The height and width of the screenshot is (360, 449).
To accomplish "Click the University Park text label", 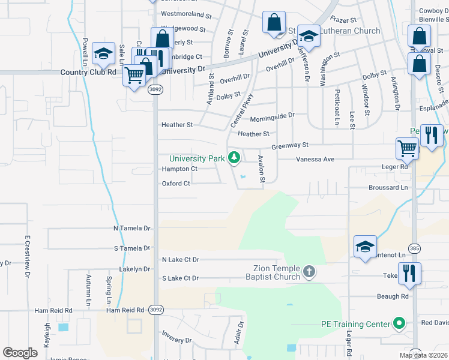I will (197, 159).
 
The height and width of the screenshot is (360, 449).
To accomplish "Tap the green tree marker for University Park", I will (234, 158).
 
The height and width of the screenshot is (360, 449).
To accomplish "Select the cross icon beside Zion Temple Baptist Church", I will (309, 272).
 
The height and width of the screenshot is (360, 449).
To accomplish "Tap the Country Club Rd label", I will (88, 72).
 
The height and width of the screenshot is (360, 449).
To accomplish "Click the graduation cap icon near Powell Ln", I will (104, 54).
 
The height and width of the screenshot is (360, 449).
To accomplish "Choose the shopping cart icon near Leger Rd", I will (408, 148).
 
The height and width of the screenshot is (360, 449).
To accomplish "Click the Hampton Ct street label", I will (179, 169).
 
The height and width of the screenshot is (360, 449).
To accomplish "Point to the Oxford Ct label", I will (176, 184).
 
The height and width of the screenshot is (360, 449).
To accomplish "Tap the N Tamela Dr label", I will (131, 229).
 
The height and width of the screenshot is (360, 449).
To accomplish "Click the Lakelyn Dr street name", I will (134, 269).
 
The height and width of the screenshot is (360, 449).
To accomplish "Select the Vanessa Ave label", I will (315, 160).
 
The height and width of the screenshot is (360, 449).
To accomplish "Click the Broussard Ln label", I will (388, 188).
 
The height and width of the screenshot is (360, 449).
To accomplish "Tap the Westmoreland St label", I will (187, 14).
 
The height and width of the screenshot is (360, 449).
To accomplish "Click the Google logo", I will (20, 353).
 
